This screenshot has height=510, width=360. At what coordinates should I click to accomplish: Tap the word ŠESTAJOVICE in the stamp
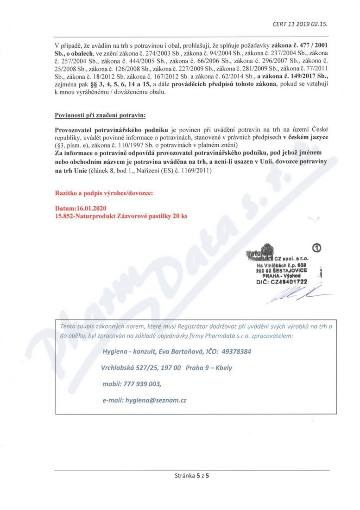290,271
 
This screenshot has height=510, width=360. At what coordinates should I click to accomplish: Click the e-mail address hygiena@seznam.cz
156,399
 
